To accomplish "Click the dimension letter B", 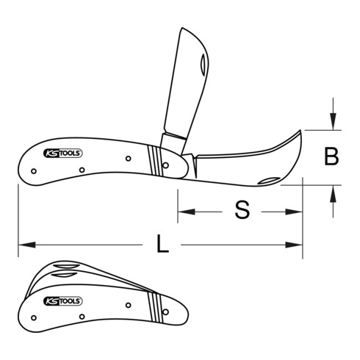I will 332,157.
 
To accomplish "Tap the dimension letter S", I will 242,211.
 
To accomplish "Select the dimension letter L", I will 162,245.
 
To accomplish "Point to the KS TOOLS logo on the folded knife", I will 67,301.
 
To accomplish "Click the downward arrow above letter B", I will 333,125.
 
